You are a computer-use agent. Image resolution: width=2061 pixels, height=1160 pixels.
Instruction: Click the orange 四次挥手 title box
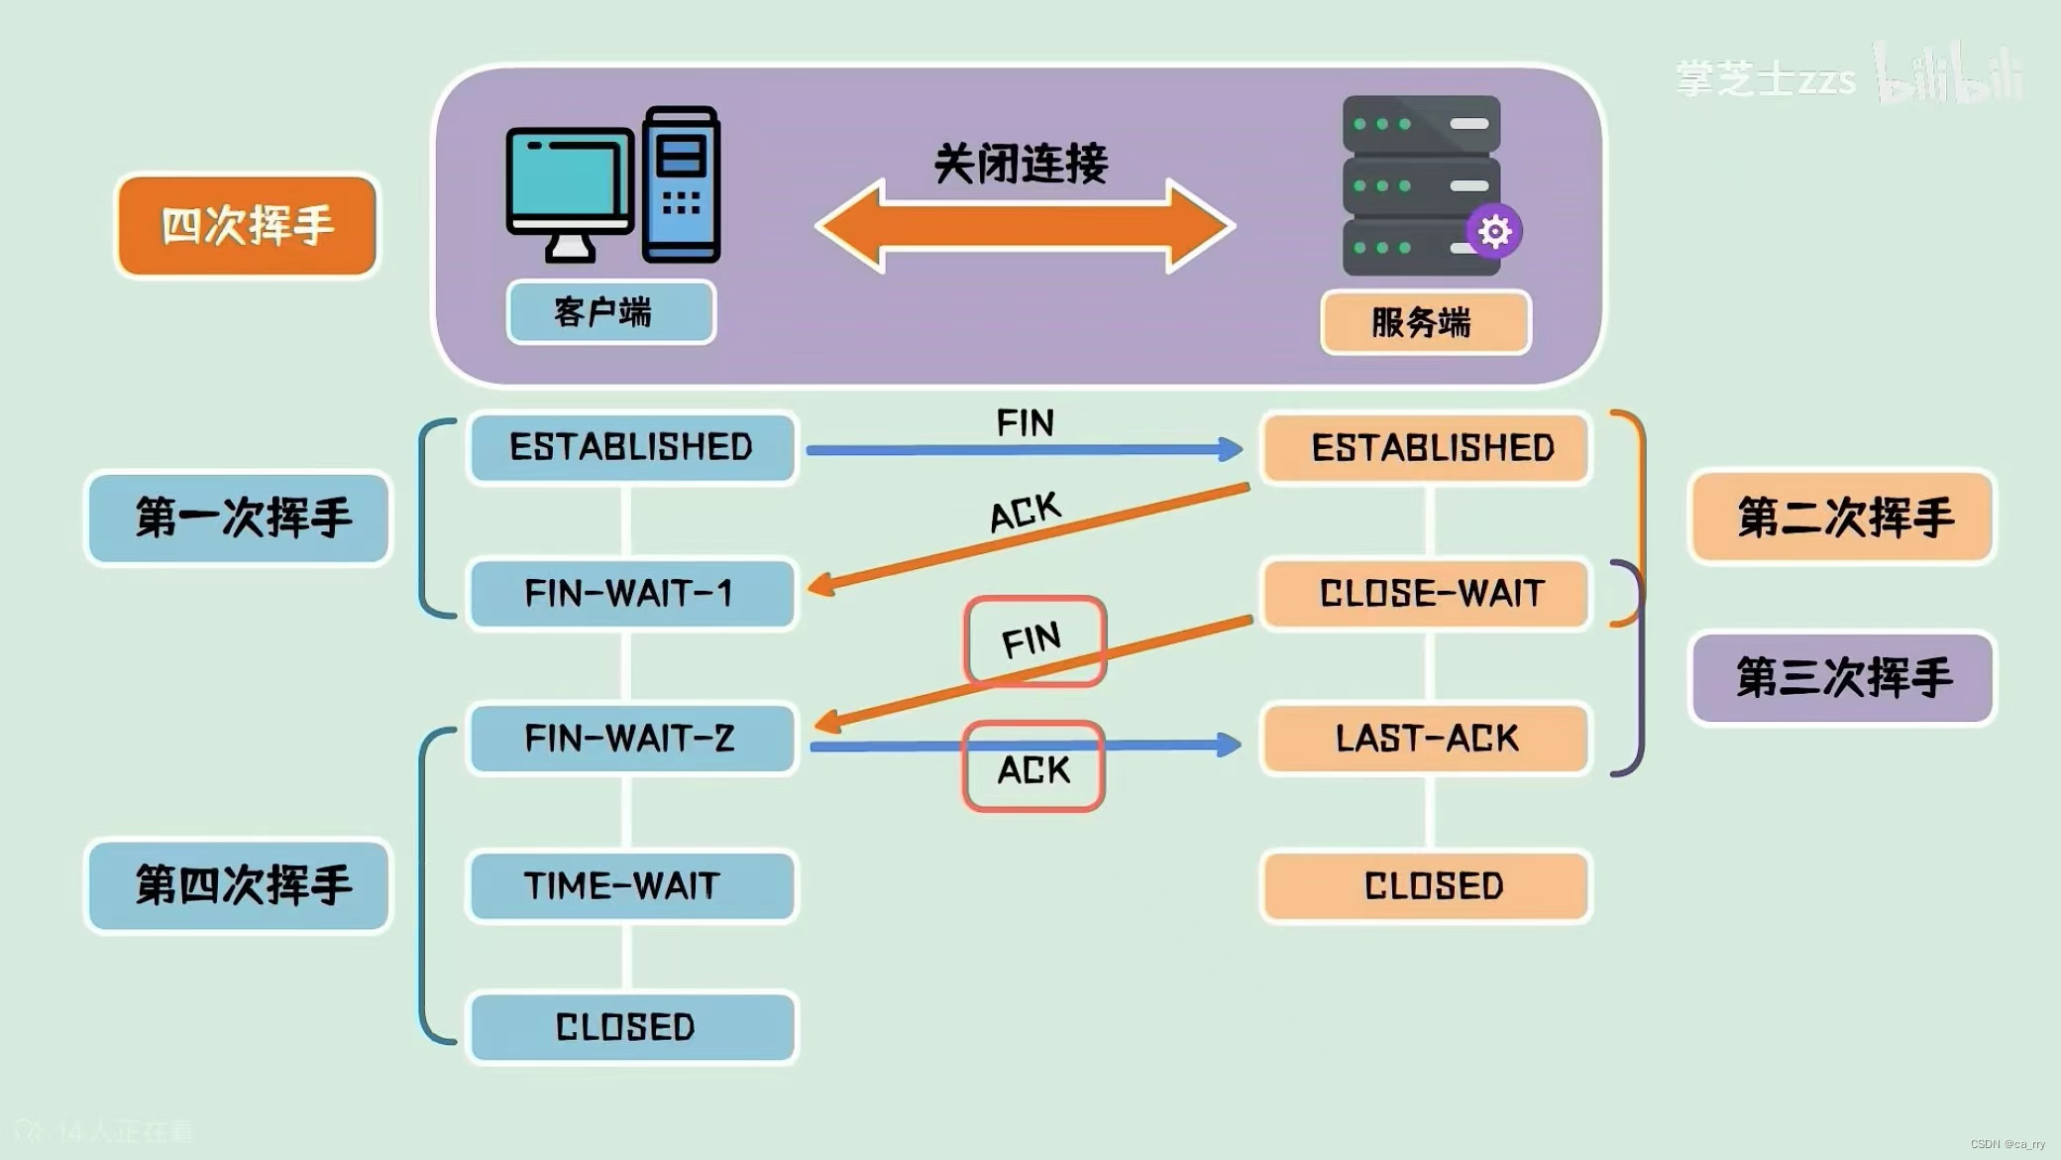tap(247, 226)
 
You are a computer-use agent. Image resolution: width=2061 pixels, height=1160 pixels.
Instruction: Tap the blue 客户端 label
tap(610, 312)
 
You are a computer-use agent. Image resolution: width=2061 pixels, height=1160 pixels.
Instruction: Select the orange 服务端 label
tap(1425, 322)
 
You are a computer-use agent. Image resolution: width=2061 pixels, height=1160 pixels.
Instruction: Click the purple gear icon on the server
tap(1494, 232)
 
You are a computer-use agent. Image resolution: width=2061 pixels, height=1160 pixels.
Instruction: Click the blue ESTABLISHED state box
tap(631, 448)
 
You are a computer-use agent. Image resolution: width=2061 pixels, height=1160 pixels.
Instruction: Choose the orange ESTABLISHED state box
tap(1427, 448)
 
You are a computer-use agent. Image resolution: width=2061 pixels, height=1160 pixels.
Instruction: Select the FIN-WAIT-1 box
tap(631, 594)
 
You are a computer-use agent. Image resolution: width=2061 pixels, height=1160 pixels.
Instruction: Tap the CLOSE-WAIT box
tap(1427, 594)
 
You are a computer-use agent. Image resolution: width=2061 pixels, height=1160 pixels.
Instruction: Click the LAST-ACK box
tap(1427, 739)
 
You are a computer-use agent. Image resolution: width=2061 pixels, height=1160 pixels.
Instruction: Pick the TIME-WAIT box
tap(631, 885)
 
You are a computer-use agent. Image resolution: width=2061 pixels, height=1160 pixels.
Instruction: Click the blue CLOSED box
tap(631, 1027)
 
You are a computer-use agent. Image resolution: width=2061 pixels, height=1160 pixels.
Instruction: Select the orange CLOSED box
tap(1427, 885)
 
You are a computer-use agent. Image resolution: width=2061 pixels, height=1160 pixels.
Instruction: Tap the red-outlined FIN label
tap(1033, 641)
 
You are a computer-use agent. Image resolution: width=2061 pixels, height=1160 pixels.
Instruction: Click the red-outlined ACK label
tap(1033, 768)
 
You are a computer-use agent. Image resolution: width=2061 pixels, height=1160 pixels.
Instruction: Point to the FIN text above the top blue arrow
tap(1025, 423)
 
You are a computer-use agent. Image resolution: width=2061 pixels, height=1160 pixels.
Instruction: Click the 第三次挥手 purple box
tap(1842, 678)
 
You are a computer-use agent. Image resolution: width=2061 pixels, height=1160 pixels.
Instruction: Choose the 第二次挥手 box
tap(1842, 518)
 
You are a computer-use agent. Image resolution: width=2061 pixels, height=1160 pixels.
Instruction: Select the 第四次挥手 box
tap(239, 885)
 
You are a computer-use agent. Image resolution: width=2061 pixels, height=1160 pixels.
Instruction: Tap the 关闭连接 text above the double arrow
tap(1021, 164)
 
